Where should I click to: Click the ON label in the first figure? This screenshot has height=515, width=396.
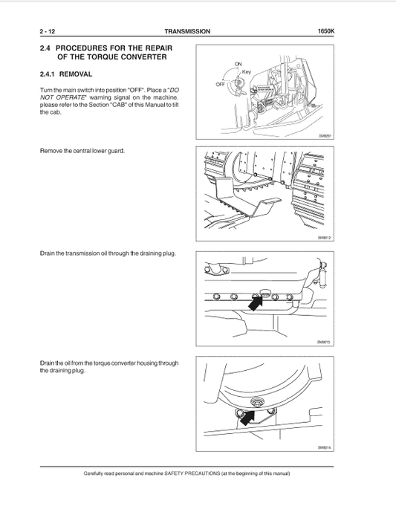coord(238,65)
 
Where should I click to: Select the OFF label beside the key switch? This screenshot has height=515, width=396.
coord(220,84)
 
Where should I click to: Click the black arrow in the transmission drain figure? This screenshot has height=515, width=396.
coord(256,301)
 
